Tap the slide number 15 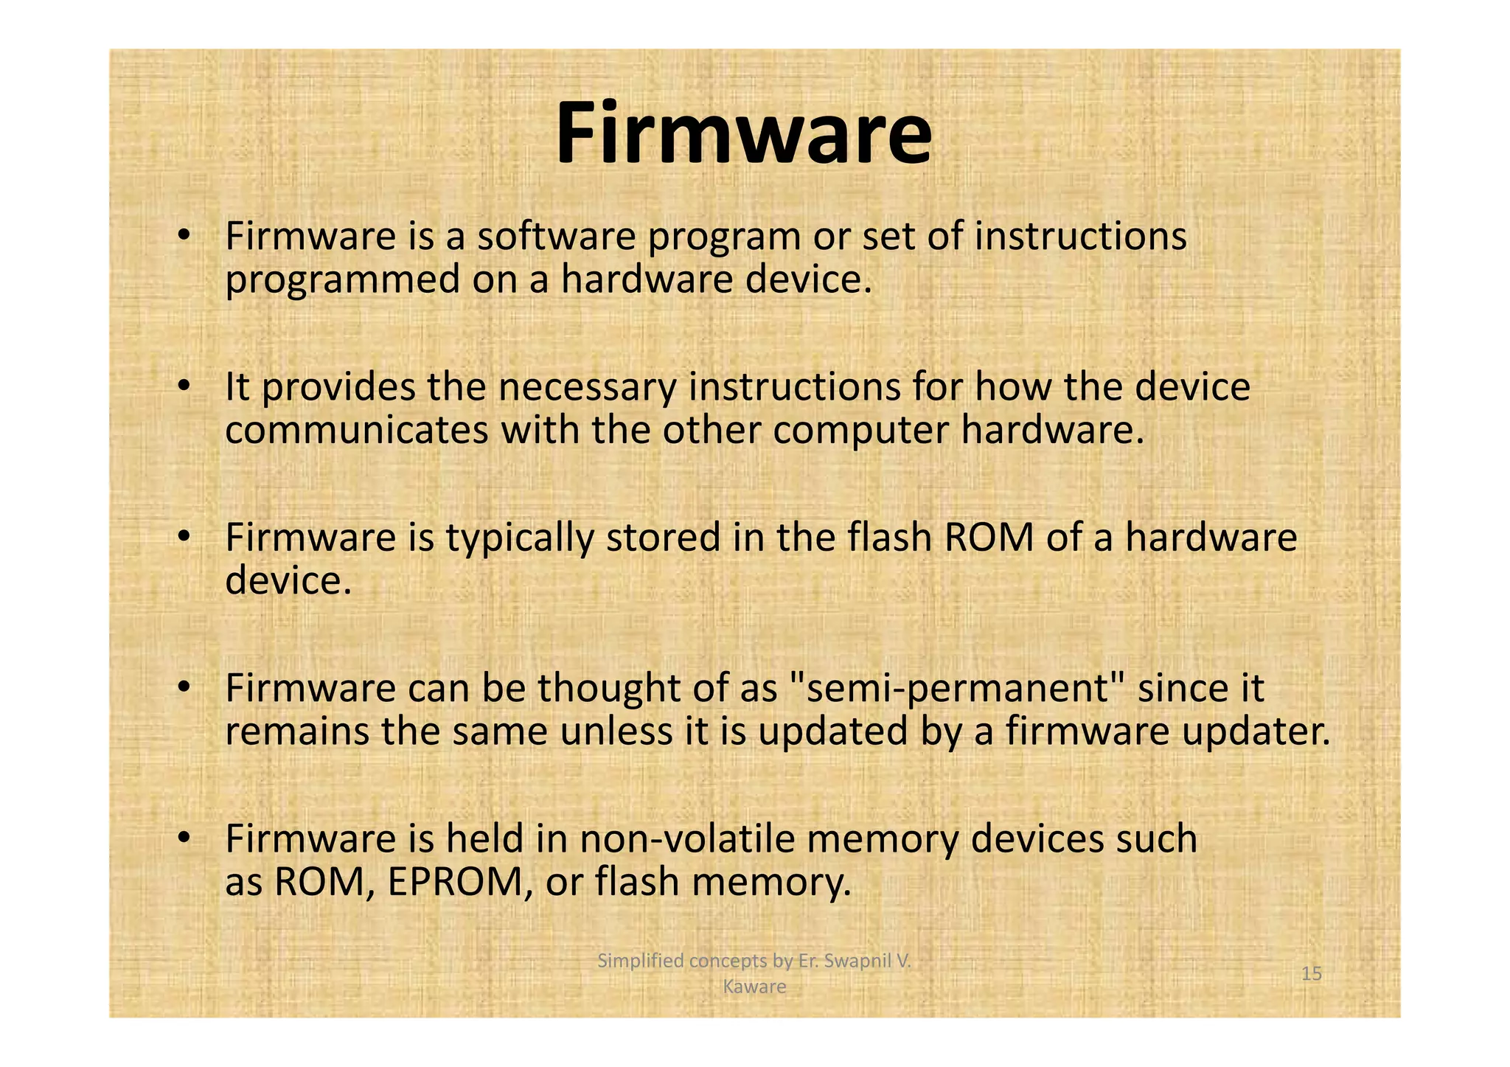[1311, 974]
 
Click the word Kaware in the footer [754, 987]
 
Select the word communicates [357, 431]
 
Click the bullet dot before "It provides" [184, 386]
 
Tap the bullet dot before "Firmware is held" [184, 838]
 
